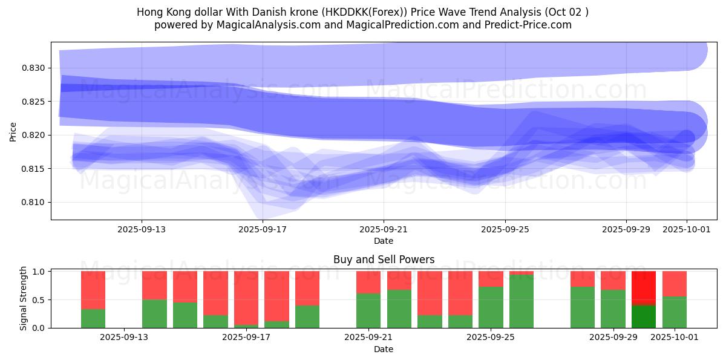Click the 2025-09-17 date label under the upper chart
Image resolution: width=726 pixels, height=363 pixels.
(263, 229)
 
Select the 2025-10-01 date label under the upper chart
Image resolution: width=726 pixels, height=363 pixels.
(687, 229)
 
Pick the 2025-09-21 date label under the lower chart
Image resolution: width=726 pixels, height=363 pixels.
(368, 337)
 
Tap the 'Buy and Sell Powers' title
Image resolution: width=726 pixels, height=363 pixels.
(384, 260)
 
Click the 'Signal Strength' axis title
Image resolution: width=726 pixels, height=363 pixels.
(24, 298)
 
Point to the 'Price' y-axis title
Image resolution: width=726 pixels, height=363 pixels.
(13, 131)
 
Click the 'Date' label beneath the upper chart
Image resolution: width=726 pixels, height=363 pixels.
(384, 241)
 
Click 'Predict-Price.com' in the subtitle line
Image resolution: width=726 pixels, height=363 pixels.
(530, 25)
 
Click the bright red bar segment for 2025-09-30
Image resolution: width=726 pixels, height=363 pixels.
(644, 288)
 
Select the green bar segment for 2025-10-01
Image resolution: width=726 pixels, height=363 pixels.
(675, 312)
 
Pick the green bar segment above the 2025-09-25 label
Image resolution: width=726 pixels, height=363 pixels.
(491, 307)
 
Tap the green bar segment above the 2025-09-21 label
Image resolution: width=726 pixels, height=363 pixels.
(368, 310)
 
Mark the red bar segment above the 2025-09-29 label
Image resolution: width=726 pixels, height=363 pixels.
(613, 280)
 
